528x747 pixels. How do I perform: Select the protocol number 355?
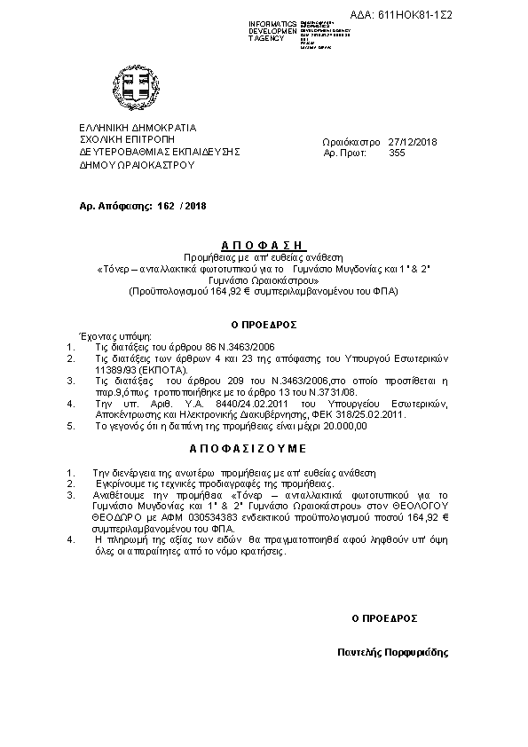(397, 153)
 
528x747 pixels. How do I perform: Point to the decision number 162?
(165, 205)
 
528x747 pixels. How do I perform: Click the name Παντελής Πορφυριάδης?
(393, 651)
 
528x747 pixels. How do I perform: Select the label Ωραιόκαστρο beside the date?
(351, 142)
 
